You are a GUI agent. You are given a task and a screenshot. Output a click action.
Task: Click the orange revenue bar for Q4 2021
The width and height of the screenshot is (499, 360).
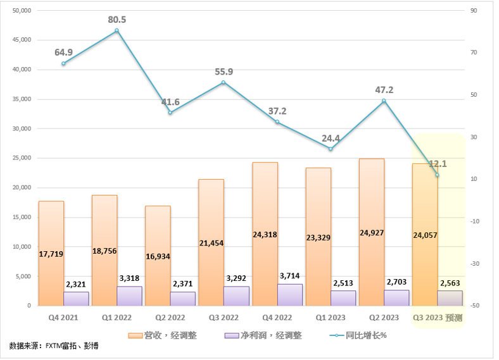point(51,253)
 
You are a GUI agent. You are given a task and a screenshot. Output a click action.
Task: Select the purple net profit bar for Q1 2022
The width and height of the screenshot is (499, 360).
point(129,296)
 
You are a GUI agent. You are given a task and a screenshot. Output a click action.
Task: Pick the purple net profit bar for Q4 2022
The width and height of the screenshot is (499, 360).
point(289,295)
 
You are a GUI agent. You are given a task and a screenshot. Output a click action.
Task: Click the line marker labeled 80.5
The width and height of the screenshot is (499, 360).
point(117,30)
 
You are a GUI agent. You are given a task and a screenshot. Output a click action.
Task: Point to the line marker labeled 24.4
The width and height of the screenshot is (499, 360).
point(331,149)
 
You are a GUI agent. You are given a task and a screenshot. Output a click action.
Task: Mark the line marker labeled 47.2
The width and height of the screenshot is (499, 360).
point(384,101)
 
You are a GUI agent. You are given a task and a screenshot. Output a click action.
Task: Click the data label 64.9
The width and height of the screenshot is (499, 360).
point(64,52)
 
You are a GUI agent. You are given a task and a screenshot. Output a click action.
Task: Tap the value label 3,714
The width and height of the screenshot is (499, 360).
point(289,276)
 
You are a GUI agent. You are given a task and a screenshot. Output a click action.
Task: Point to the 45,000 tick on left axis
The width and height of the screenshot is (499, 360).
point(22,40)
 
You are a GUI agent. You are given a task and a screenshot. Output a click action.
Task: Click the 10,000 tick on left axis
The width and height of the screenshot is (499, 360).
point(22,247)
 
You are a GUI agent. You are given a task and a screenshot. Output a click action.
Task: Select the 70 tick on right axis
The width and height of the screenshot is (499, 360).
point(472,53)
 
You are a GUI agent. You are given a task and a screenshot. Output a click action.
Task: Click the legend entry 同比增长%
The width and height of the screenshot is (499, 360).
point(362,335)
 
